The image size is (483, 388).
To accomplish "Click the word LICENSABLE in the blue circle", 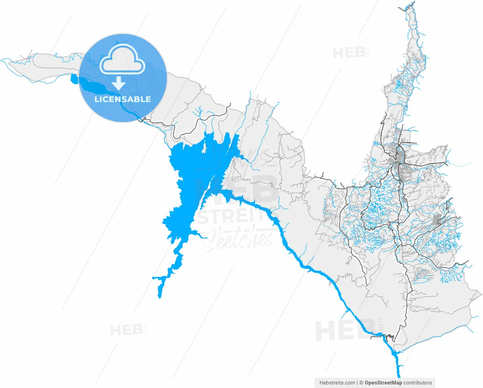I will [123, 99].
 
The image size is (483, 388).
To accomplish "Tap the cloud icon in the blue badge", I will [123, 60].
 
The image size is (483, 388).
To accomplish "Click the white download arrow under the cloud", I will [119, 83].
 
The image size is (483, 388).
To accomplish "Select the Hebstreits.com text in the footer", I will [337, 383].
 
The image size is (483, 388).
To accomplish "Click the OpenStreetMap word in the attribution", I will [383, 383].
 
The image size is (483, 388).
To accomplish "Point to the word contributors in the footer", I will [418, 383].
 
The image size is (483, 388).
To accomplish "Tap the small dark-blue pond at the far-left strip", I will [73, 79].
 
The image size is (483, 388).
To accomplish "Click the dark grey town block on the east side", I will [437, 220].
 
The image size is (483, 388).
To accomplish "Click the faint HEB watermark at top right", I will [349, 53].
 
